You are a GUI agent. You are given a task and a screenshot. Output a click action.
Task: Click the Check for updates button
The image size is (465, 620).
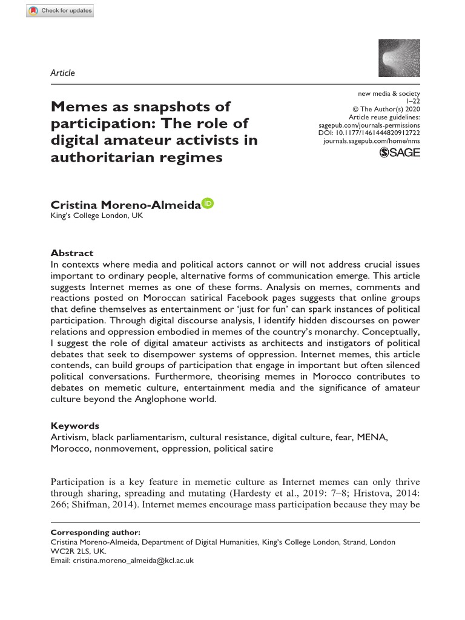click(60, 11)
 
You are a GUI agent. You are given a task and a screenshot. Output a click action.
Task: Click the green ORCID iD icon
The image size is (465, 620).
click(208, 204)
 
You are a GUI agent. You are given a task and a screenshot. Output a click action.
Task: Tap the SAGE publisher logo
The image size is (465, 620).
click(399, 153)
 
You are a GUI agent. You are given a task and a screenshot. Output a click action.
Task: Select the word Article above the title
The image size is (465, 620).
click(63, 73)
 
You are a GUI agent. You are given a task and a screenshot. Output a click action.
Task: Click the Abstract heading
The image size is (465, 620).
click(71, 253)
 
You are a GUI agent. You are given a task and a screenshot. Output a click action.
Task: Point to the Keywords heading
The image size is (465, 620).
click(74, 426)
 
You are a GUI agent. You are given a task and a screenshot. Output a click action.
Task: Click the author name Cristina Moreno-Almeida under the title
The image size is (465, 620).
click(125, 206)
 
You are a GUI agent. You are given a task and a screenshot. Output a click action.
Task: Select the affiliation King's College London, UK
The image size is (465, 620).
click(97, 216)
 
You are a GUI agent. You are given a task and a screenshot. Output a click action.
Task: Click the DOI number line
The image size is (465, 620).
click(369, 133)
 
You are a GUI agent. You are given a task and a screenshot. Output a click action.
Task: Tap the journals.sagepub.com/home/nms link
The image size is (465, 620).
click(372, 140)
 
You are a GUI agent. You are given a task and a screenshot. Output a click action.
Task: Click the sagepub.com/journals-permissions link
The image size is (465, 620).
click(369, 125)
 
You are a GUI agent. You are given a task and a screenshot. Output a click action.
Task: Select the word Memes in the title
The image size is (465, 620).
click(80, 107)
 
